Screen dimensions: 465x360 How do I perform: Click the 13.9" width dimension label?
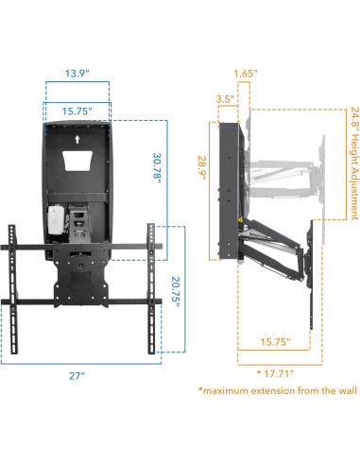pos(77,73)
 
